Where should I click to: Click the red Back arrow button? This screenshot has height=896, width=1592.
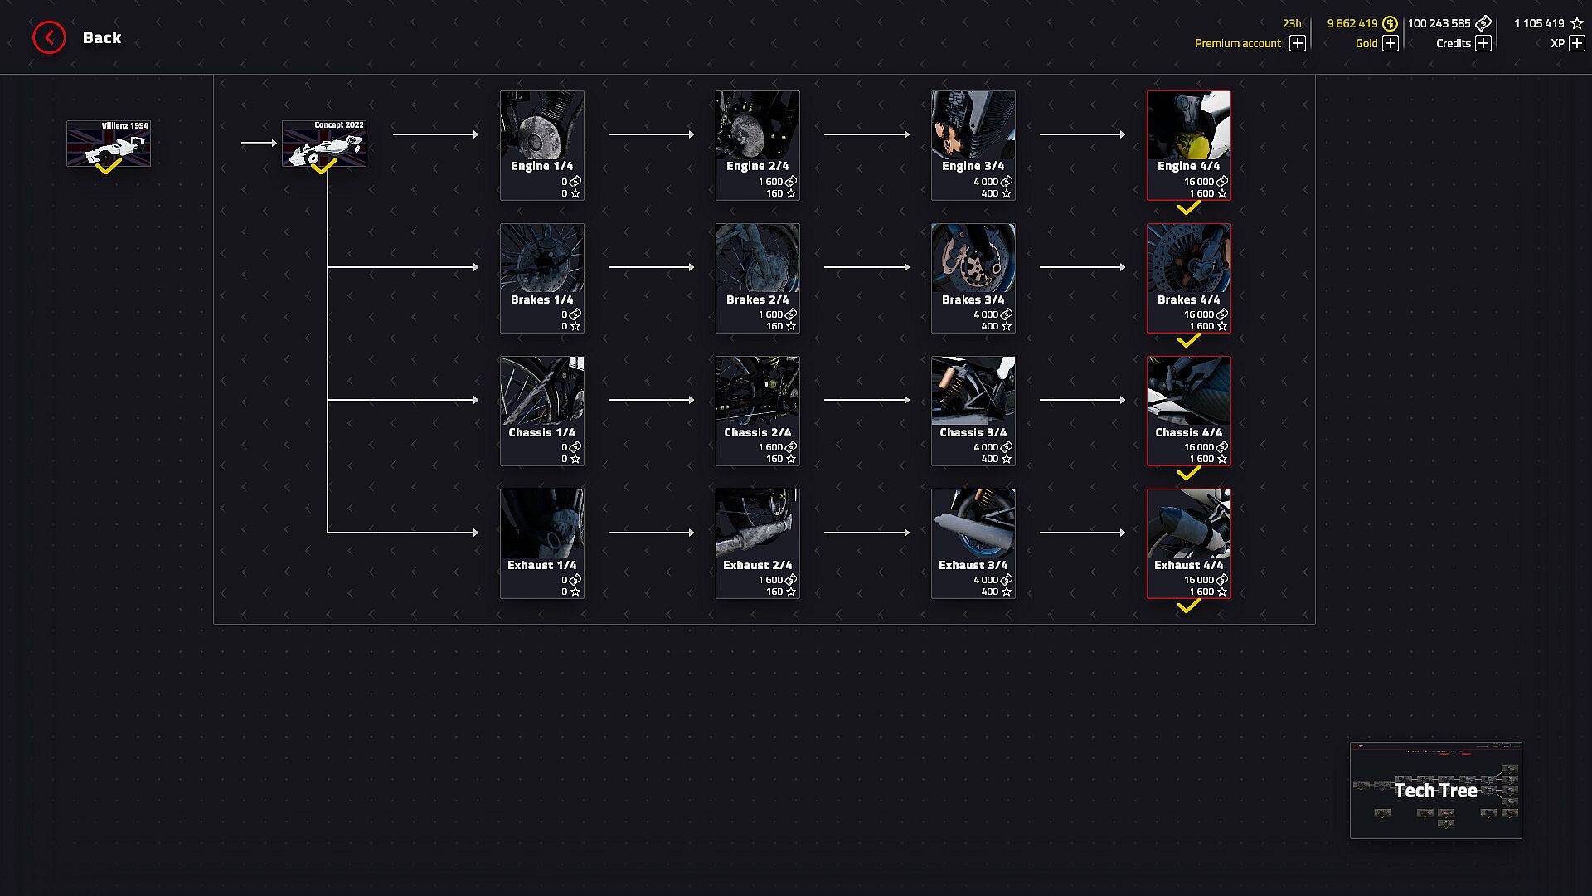(49, 37)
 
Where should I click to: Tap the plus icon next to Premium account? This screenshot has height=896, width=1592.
(1298, 43)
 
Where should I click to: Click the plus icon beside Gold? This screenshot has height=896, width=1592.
(1391, 43)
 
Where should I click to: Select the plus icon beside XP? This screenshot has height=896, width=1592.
(1577, 43)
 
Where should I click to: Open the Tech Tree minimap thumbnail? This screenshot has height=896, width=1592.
(1435, 790)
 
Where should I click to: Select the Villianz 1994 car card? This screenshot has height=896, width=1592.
(109, 144)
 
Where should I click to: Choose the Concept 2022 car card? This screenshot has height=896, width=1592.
(324, 144)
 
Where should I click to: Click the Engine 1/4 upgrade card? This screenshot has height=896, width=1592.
(542, 145)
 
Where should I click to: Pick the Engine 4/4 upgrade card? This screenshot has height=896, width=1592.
(1188, 145)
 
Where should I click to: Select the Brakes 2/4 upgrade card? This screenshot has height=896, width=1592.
(758, 278)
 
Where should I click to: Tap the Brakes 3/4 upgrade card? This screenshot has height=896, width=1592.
(973, 278)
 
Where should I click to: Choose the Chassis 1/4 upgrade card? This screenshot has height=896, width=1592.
(542, 411)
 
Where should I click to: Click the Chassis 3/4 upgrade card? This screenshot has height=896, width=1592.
(973, 411)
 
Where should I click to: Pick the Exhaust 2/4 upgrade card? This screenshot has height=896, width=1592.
(758, 543)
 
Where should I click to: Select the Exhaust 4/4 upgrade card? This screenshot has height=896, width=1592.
(1188, 543)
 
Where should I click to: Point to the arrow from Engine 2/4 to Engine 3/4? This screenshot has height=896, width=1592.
(866, 134)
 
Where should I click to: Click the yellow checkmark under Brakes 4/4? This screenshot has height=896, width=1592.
(1188, 341)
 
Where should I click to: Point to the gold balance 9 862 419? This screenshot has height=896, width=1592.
(1352, 23)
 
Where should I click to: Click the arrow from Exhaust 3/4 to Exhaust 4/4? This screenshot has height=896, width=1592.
(1082, 533)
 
